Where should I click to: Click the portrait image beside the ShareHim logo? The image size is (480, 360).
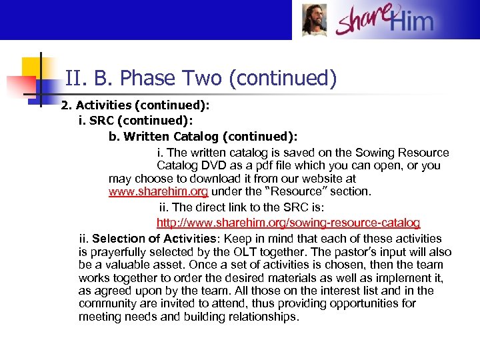coord(314,20)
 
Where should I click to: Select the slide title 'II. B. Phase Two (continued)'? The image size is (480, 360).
coord(201,79)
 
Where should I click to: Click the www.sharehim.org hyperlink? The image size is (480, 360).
coord(158,191)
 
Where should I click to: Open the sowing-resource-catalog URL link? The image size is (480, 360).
coord(288,222)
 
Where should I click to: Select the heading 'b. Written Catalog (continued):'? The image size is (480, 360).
coord(203,137)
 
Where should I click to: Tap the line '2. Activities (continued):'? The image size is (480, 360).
coord(135,105)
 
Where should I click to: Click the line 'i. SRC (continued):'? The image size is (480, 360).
coord(135,121)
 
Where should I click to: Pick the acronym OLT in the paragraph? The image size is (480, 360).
coord(241,251)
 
